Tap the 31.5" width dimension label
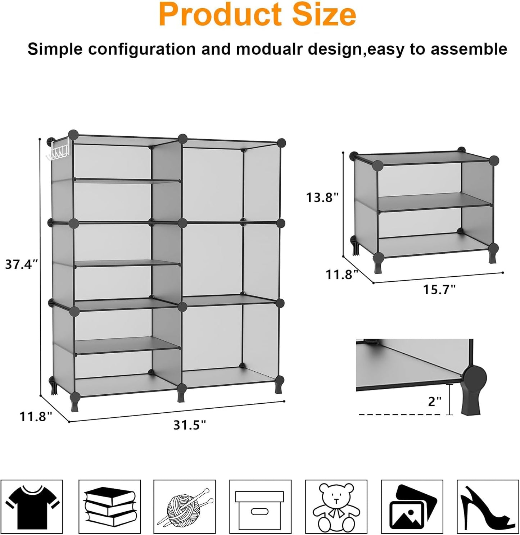190,425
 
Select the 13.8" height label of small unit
322,198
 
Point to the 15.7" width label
439,289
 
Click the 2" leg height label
434,402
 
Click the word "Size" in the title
324,15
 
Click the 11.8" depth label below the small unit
342,275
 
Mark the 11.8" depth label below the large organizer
36,417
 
